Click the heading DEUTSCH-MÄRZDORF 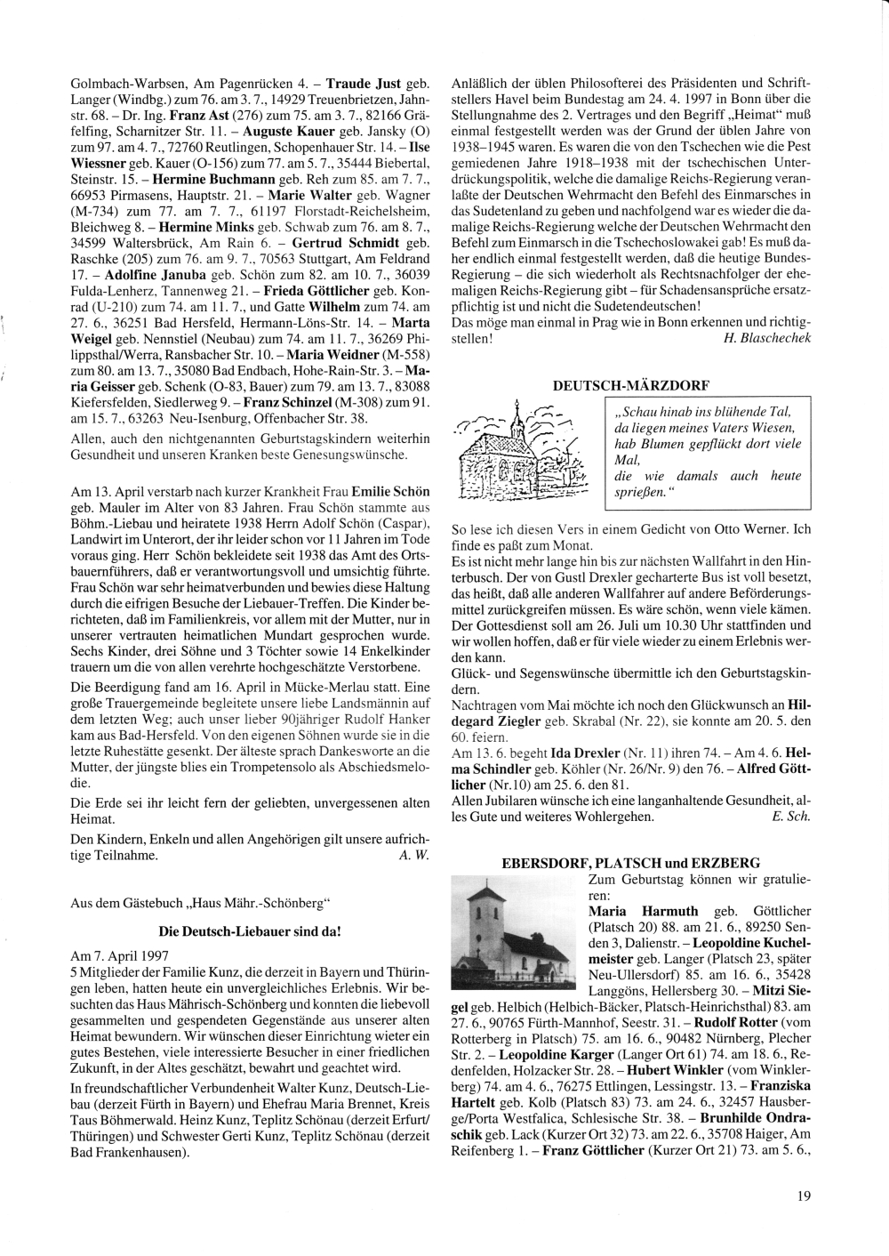tap(631, 384)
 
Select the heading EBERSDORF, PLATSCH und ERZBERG tap(631, 862)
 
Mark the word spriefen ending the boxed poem tap(640, 491)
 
